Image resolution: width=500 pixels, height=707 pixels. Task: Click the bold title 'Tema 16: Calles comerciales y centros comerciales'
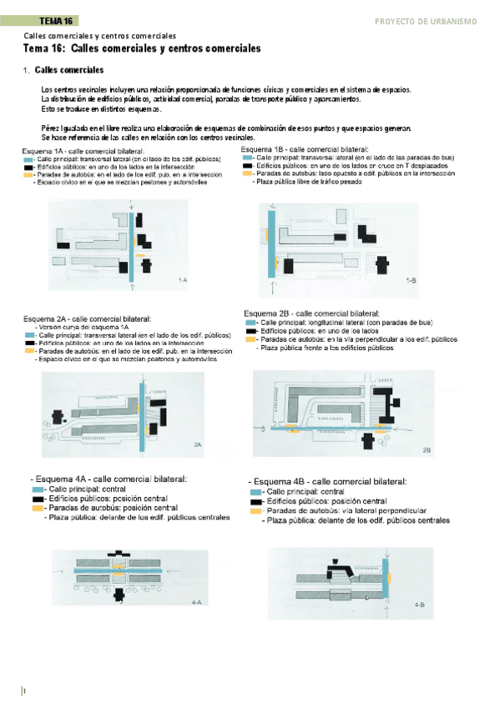click(143, 49)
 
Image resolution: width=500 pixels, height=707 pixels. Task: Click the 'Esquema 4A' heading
click(109, 479)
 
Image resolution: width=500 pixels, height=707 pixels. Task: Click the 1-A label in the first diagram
click(183, 281)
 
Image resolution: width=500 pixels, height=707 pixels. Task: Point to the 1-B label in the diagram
click(411, 281)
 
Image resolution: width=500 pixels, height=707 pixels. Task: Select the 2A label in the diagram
click(198, 445)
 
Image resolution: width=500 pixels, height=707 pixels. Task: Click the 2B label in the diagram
click(426, 449)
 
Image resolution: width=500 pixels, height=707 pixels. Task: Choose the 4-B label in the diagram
click(420, 604)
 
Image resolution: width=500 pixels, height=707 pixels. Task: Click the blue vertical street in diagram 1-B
click(271, 241)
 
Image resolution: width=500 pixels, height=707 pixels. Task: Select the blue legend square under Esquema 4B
click(256, 493)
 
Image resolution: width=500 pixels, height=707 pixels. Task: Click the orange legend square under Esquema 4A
click(38, 508)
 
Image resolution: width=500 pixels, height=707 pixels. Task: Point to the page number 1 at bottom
click(25, 691)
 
